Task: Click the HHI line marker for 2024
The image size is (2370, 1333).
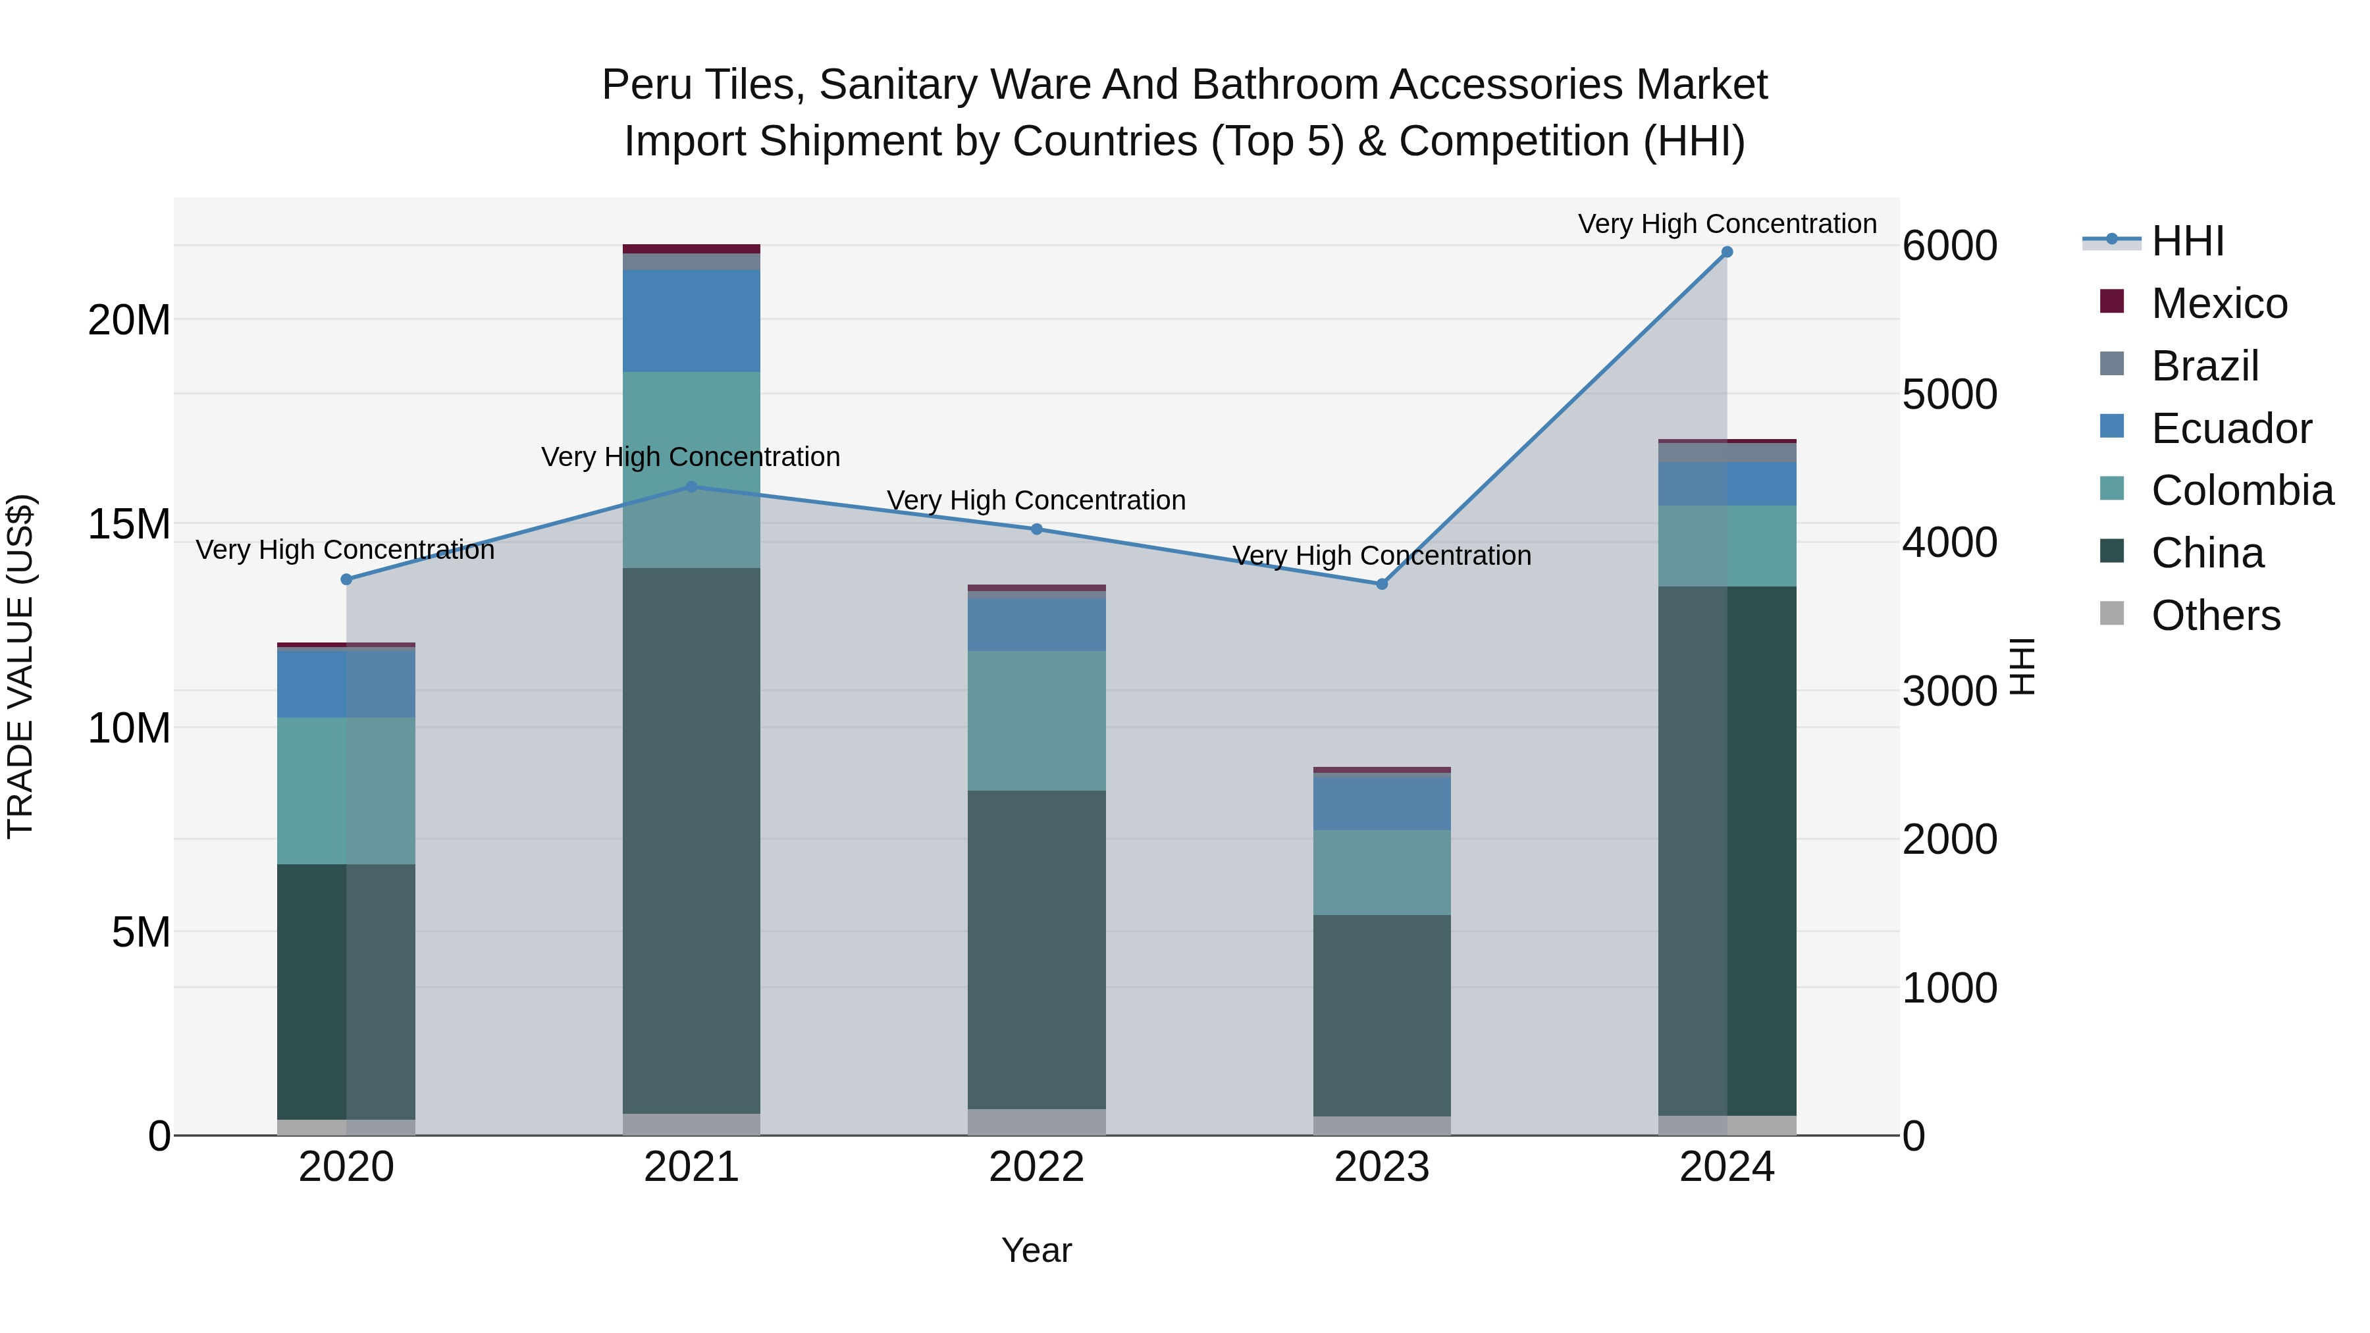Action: click(x=1727, y=252)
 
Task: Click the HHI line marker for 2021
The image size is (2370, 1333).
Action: click(x=692, y=486)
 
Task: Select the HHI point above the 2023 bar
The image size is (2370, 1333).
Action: click(x=1382, y=584)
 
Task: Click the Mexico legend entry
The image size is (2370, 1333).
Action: click(x=2219, y=303)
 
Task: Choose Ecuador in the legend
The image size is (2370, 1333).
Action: click(x=2231, y=429)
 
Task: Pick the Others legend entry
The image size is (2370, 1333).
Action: click(x=2215, y=615)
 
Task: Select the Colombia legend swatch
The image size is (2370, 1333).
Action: click(x=2113, y=489)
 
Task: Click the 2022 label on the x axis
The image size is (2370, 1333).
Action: click(x=1037, y=1167)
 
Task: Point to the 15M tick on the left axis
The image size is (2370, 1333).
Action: click(x=129, y=525)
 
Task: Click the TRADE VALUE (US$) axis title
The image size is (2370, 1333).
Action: click(x=20, y=666)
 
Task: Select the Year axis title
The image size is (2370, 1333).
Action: click(x=1037, y=1250)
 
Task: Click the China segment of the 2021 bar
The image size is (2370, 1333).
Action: click(x=692, y=840)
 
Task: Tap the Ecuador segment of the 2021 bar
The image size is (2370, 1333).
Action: click(x=692, y=321)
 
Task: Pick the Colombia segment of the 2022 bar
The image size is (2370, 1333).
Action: click(x=1037, y=720)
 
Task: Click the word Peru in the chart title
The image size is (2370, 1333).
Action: click(x=646, y=85)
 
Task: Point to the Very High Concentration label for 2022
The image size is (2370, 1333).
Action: click(x=1036, y=500)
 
